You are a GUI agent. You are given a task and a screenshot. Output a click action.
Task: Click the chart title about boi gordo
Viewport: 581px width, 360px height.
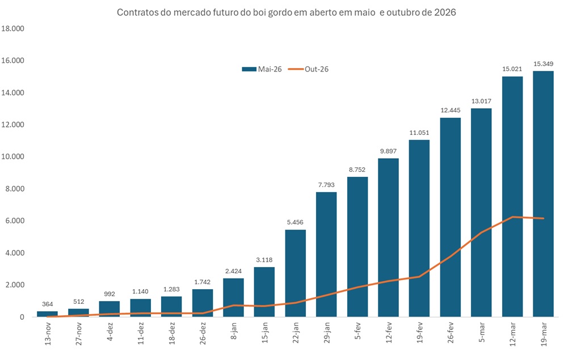click(x=286, y=12)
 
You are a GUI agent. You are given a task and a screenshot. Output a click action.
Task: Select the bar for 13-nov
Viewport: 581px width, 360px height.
click(x=47, y=314)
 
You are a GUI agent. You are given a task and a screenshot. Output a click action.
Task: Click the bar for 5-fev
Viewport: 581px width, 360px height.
click(x=357, y=247)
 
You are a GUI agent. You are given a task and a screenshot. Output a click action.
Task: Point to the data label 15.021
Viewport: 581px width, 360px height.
click(x=512, y=69)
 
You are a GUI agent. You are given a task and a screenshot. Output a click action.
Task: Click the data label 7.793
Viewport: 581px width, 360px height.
click(x=326, y=185)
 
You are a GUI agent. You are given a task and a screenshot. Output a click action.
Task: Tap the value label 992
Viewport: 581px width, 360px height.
click(x=110, y=294)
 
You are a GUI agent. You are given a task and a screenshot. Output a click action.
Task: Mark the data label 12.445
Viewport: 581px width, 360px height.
click(x=451, y=111)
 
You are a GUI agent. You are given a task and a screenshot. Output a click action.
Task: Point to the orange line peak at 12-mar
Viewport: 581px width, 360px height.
click(x=512, y=217)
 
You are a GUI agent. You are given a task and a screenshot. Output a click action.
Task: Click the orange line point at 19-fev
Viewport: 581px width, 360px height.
click(x=419, y=277)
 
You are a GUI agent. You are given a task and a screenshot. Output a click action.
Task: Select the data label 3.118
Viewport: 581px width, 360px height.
click(x=264, y=260)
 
